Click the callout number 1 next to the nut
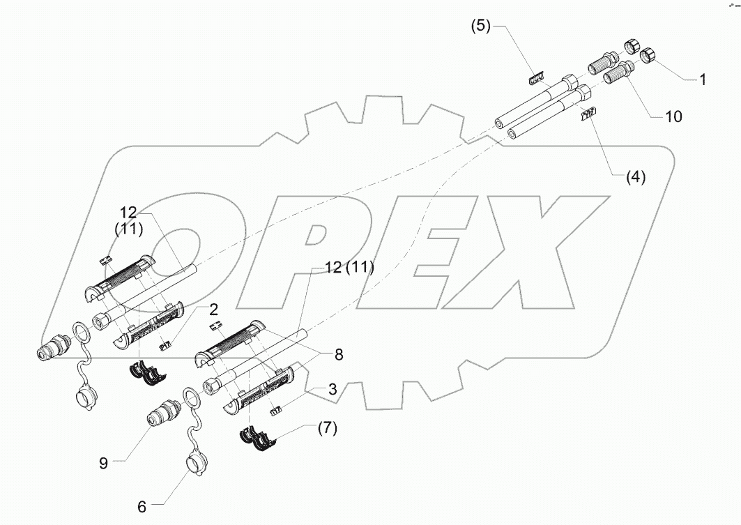coord(703,80)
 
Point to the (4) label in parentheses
coord(634,177)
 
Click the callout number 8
coord(338,354)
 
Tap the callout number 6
coord(142,507)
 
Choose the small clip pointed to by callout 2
coord(165,344)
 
